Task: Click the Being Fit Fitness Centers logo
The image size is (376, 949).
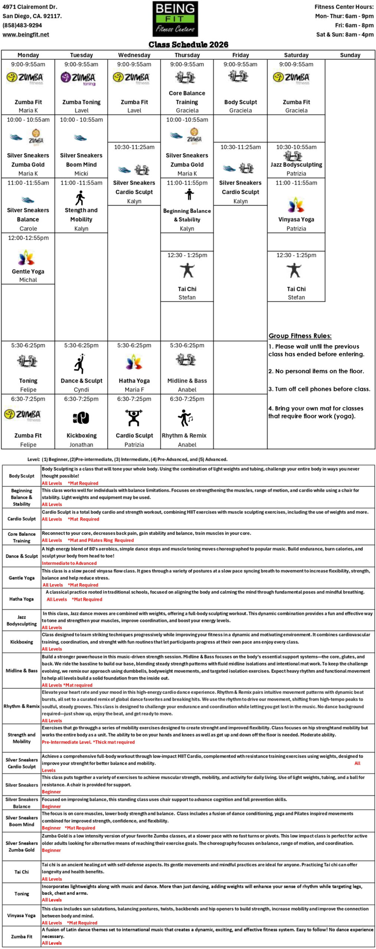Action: pos(175,19)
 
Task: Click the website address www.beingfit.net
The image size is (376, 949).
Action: pos(26,34)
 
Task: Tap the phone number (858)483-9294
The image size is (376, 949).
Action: pos(22,25)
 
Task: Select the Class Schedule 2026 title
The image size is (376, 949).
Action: pos(188,44)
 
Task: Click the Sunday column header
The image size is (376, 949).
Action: pos(350,55)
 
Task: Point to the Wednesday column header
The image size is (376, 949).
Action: pos(134,55)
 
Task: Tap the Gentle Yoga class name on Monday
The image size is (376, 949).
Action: pos(28,271)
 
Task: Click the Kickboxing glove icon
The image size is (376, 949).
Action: pos(81,418)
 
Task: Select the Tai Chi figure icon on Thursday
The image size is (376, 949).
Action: pos(187,271)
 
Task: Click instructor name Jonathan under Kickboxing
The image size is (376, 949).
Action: pos(81,444)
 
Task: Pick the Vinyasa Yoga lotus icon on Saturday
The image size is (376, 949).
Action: pos(296,205)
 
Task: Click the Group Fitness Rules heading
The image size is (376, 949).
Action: pos(300,336)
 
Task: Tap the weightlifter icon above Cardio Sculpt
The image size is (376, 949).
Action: pos(134,418)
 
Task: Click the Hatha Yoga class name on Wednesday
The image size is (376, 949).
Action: pos(134,381)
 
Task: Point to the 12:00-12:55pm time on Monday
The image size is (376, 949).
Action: pos(28,238)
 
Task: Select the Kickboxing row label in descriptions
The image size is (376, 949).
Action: pos(22,642)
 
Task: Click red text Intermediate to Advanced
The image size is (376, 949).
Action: pos(69,563)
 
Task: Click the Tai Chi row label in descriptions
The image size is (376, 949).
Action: pos(22,872)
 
